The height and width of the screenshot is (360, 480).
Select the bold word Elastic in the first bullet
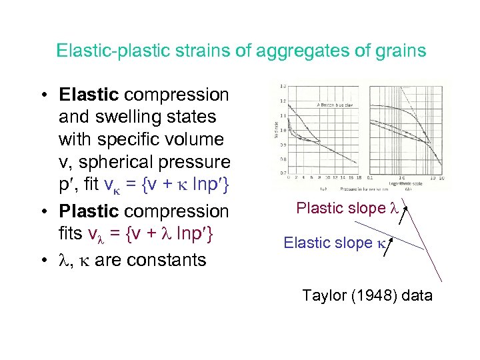click(89, 95)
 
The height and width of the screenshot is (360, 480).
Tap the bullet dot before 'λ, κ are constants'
click(43, 259)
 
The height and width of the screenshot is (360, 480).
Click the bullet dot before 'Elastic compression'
click(43, 95)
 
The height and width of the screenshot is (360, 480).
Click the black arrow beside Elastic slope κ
click(391, 248)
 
